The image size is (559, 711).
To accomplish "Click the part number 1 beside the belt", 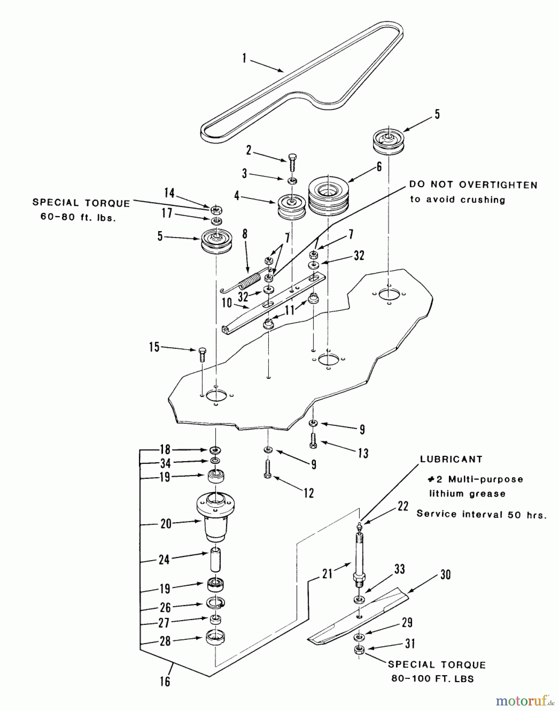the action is pos(245,59).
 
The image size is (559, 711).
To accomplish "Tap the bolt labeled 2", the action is pos(292,162).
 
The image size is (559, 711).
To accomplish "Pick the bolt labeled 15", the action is pos(202,355).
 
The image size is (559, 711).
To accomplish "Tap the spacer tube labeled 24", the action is pos(215,559).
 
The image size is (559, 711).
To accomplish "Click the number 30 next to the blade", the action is pos(445,575).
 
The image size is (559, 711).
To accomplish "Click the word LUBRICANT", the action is pos(451,459).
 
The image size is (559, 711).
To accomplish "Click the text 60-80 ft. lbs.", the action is pos(78,217).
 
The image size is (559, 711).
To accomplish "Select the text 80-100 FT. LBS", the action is pos(433,679).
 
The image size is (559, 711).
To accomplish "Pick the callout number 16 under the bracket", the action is pos(165,681).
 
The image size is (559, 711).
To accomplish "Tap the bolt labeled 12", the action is pos(267,469).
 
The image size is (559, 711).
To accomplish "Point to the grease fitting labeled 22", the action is pos(359,527).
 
